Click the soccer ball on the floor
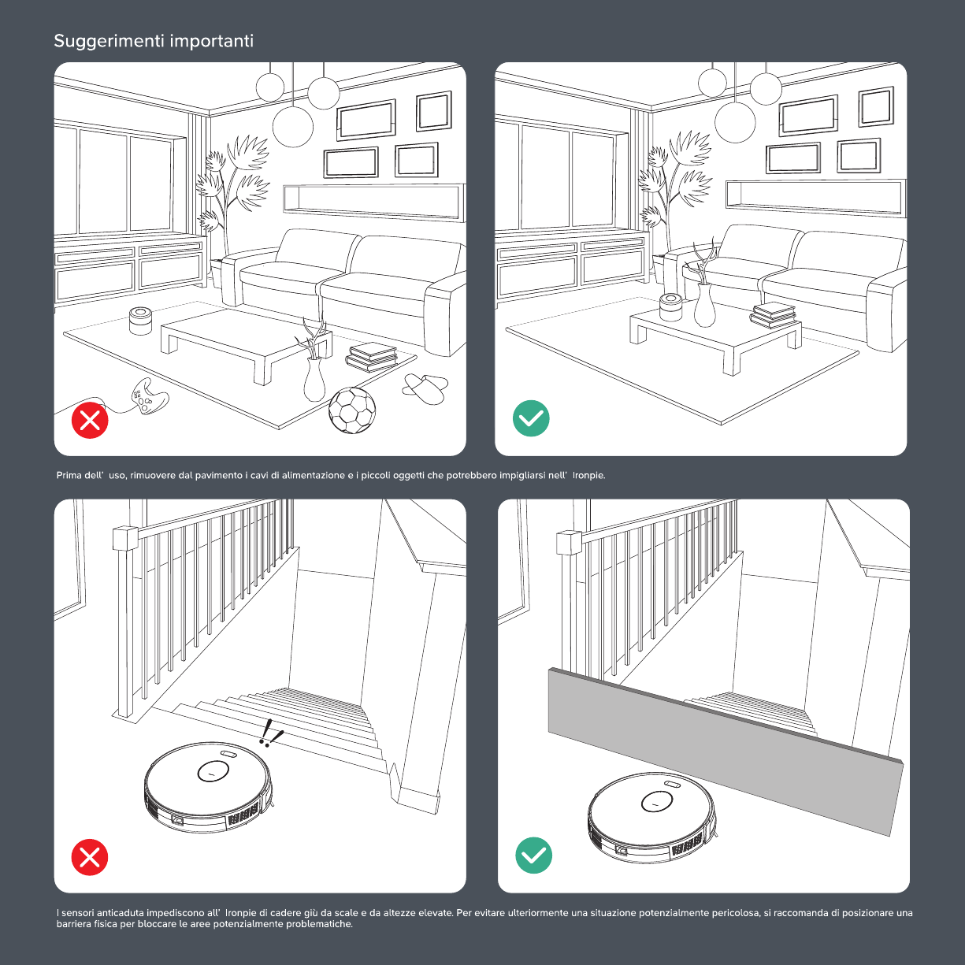(351, 410)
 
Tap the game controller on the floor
(149, 396)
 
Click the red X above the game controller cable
(90, 420)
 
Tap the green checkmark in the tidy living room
(531, 418)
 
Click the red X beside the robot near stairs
(90, 857)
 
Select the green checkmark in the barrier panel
(534, 855)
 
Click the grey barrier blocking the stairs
(725, 752)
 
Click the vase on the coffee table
(704, 305)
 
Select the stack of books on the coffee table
(774, 316)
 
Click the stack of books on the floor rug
(371, 357)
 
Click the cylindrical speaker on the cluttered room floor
(141, 321)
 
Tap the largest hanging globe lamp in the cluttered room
(293, 127)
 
